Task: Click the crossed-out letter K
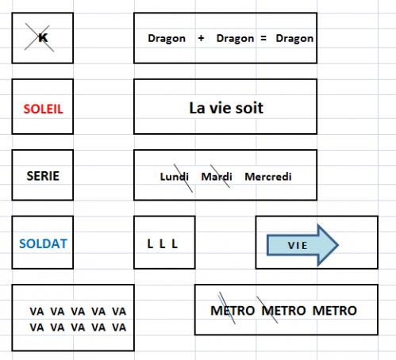43,38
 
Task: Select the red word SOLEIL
44,109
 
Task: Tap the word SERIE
43,176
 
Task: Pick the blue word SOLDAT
43,243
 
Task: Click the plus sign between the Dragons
201,38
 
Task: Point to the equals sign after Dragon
263,38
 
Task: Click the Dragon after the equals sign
294,39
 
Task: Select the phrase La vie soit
226,108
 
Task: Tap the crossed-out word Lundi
174,177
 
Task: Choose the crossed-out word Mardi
217,177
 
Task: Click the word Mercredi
268,177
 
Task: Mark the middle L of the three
162,243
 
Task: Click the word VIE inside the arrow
298,246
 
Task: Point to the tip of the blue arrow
338,245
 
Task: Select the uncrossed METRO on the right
335,311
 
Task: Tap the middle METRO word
283,311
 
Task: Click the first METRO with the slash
233,311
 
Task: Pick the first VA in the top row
37,312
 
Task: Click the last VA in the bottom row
119,327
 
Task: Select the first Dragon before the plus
167,39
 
